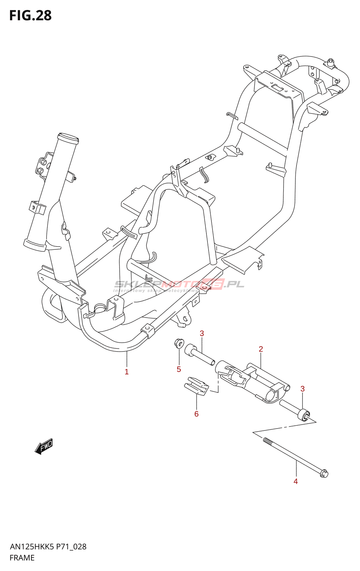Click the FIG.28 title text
click(30, 16)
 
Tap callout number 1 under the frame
click(126, 372)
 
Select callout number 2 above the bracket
click(261, 349)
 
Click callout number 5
click(179, 369)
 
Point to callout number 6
click(196, 414)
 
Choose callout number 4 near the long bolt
click(296, 481)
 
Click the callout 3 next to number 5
click(202, 333)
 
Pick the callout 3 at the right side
click(302, 389)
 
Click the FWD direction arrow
click(44, 446)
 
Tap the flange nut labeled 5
click(179, 344)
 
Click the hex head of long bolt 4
click(324, 474)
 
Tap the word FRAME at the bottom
click(22, 558)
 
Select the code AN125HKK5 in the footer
click(32, 547)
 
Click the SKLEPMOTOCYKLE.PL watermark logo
click(179, 285)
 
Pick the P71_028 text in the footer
click(71, 547)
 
